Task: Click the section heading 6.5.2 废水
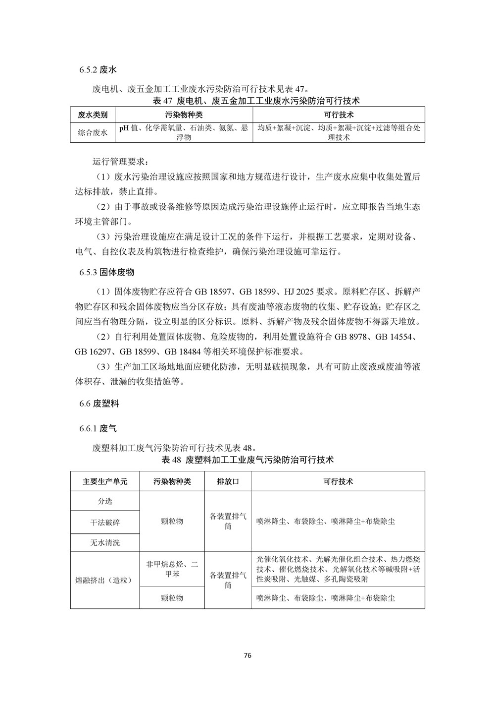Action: pos(98,70)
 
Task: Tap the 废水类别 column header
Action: pos(93,115)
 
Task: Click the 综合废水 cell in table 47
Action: pos(93,132)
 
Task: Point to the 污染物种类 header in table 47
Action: pos(184,115)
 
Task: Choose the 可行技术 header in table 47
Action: pos(339,115)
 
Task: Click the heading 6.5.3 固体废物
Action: pos(106,273)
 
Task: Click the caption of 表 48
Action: pos(247,460)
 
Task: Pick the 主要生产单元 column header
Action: pos(105,481)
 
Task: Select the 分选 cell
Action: pos(105,501)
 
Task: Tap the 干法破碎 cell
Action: pos(105,522)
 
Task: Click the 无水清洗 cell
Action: pos(105,542)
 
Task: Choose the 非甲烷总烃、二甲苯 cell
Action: pos(172,569)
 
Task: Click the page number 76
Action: pos(248,655)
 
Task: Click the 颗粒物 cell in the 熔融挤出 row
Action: pos(172,598)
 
